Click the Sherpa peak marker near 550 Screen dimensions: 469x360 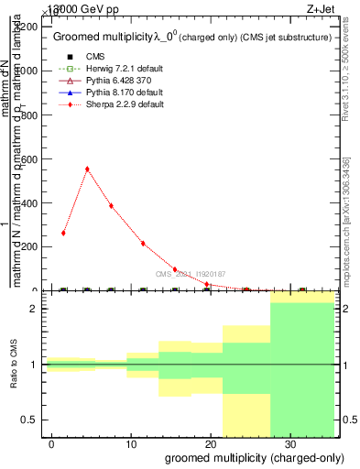[x=87, y=169]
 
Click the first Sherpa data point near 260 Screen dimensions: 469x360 [x=63, y=233]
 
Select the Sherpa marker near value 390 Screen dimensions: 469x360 [x=111, y=205]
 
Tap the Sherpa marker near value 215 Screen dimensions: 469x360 [x=143, y=243]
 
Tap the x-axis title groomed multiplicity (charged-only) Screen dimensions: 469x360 [x=242, y=456]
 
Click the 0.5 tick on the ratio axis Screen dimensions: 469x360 [x=32, y=420]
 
